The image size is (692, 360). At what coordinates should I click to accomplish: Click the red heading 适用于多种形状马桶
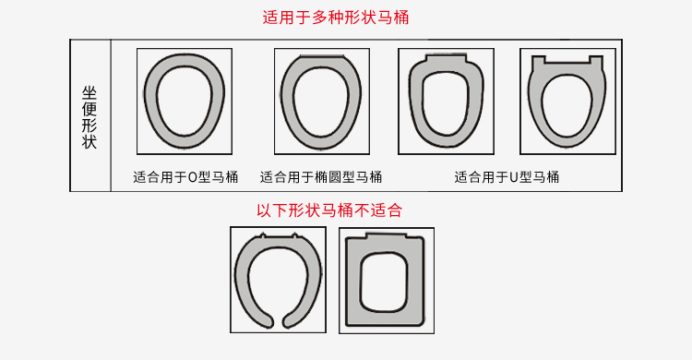click(336, 18)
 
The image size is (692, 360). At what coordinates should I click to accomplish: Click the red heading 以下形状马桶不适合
click(329, 210)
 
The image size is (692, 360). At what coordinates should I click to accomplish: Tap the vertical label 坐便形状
click(89, 117)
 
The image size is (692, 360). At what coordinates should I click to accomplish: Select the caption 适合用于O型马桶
click(185, 177)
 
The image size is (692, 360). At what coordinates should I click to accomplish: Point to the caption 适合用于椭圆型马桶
click(321, 177)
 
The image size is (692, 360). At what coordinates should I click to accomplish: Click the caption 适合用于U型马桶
click(507, 177)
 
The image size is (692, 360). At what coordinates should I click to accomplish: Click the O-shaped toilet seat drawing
click(150, 102)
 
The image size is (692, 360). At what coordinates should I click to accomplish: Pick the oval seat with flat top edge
click(287, 102)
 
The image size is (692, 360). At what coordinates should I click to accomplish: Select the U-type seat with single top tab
click(415, 102)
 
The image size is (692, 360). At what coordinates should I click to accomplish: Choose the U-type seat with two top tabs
click(535, 102)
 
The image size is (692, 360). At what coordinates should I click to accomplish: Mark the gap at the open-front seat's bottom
click(278, 319)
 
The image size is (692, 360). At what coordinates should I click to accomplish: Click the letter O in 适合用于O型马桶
click(193, 177)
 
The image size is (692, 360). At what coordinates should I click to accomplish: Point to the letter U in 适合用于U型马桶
click(513, 177)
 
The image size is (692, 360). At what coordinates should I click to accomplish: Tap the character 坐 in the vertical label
click(89, 93)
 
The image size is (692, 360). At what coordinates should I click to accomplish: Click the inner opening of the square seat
click(384, 282)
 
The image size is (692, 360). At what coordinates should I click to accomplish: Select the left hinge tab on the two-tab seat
click(538, 61)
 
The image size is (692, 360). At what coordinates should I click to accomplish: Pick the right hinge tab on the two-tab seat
click(596, 61)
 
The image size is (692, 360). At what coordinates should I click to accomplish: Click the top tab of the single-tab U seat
click(446, 58)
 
